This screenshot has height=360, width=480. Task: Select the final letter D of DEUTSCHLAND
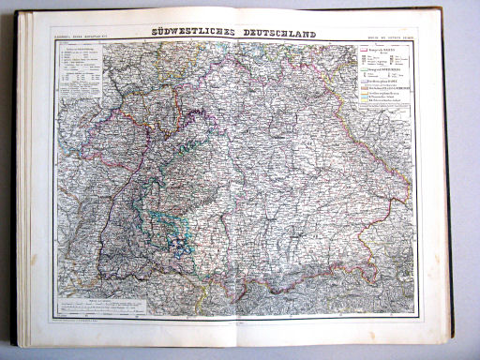(x=313, y=34)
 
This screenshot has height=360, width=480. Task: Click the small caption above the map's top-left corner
(x=82, y=37)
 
